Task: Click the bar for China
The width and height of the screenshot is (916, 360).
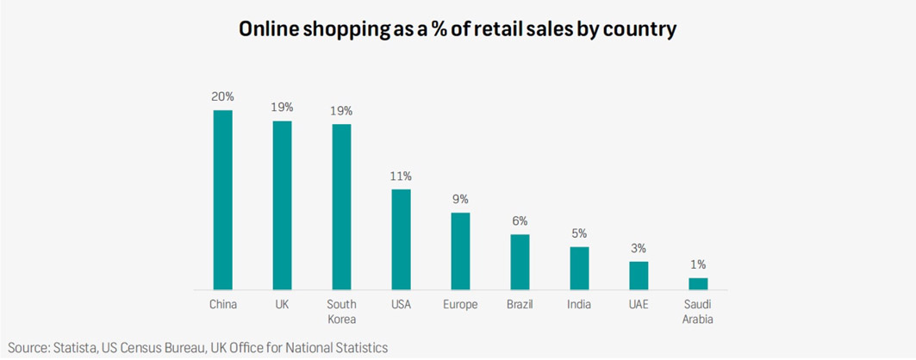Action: click(x=223, y=199)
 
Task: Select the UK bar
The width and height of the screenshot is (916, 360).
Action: click(x=283, y=205)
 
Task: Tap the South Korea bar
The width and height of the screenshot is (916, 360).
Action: click(x=341, y=207)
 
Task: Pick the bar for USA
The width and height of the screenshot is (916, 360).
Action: click(x=401, y=239)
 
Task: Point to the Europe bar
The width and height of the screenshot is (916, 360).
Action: click(x=460, y=251)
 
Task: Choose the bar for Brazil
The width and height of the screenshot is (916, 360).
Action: click(x=520, y=262)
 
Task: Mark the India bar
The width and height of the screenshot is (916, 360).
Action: click(x=579, y=268)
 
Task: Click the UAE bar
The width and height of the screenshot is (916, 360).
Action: click(x=639, y=275)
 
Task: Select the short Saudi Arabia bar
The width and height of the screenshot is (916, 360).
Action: click(x=698, y=283)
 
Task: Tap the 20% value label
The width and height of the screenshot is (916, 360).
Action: click(x=223, y=96)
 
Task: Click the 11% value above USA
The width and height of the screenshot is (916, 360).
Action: click(x=401, y=176)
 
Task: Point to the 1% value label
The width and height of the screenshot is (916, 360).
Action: click(x=698, y=264)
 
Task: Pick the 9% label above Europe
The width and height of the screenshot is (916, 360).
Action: click(x=460, y=199)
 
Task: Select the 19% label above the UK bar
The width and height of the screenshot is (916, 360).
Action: click(x=283, y=108)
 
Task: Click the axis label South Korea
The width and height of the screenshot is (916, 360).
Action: click(x=341, y=312)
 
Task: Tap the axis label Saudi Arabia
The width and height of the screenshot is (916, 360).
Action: click(x=698, y=312)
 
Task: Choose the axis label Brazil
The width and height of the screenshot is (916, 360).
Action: click(x=520, y=304)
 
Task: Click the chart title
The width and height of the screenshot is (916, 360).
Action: click(x=458, y=29)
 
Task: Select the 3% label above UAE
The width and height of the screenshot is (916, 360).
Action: click(x=639, y=248)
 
